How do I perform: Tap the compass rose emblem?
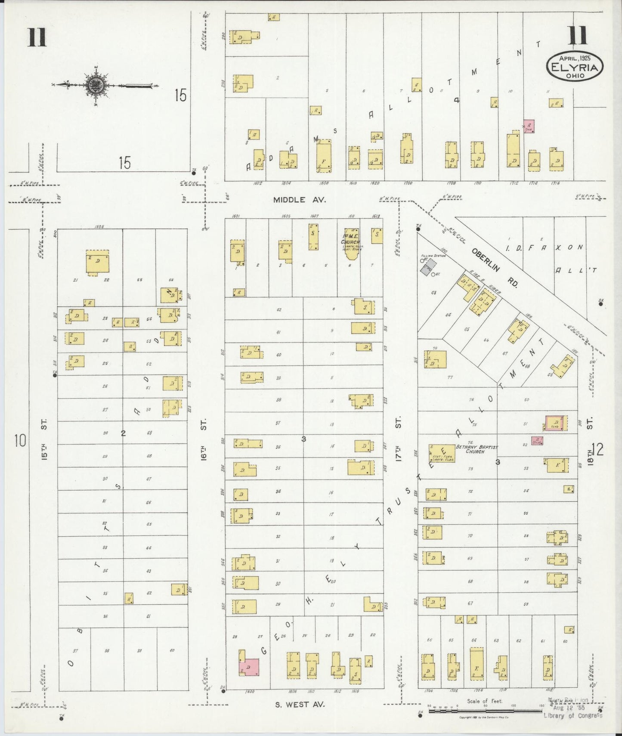pyautogui.click(x=93, y=85)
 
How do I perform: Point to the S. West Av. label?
pyautogui.click(x=300, y=705)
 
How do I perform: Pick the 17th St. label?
pyautogui.click(x=398, y=439)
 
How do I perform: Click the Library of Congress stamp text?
pyautogui.click(x=572, y=715)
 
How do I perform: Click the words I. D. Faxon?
pyautogui.click(x=544, y=247)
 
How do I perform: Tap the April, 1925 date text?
pyautogui.click(x=575, y=58)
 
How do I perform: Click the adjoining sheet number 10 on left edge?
pyautogui.click(x=20, y=441)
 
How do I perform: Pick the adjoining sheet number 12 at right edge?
pyautogui.click(x=598, y=449)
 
